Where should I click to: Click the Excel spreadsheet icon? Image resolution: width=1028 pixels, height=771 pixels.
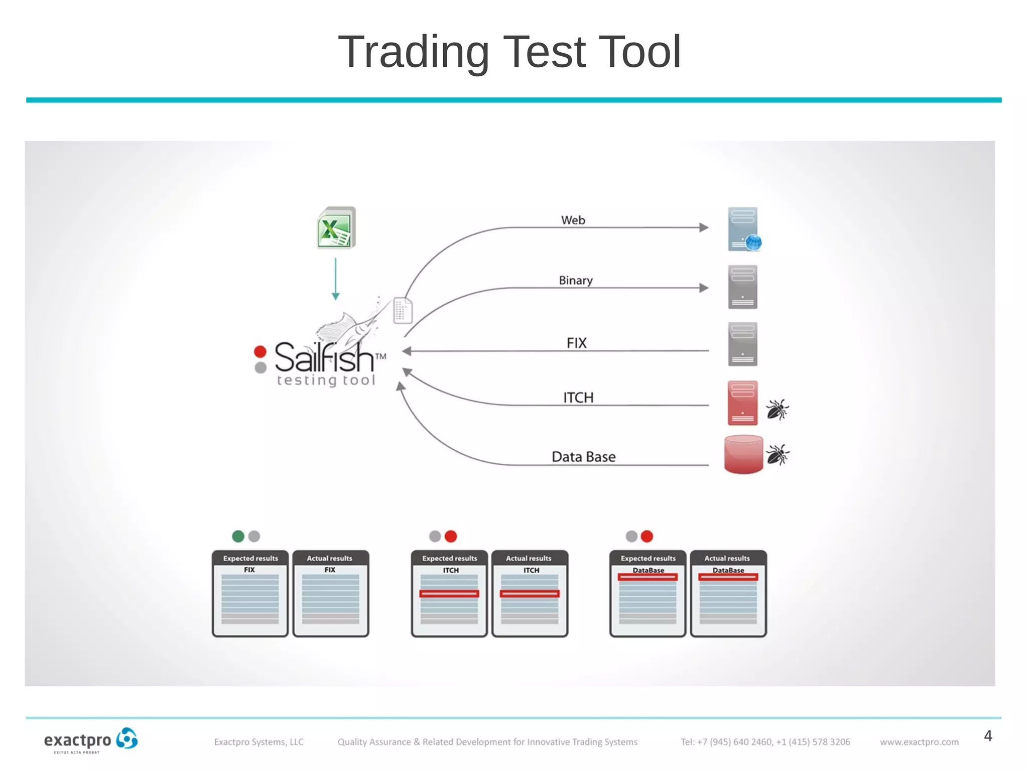[x=336, y=228]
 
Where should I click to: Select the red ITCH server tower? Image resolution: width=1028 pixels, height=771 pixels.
[x=742, y=403]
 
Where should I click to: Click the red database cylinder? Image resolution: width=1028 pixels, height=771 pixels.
[x=743, y=454]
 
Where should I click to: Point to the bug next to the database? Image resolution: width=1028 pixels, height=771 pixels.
[x=778, y=455]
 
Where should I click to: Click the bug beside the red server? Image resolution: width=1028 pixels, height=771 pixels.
[x=777, y=410]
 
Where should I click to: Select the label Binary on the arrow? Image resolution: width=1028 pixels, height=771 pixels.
[x=576, y=280]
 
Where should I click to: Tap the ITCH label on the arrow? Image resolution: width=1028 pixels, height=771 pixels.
[x=578, y=398]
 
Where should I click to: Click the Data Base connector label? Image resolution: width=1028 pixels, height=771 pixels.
[x=583, y=457]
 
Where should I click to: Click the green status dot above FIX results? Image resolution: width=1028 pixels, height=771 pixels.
[x=238, y=536]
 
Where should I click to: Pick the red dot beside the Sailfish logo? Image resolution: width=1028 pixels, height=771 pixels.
[x=260, y=351]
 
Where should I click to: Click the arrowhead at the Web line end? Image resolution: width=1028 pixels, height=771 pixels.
[x=704, y=227]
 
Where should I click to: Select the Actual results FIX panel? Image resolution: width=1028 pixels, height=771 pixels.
[x=330, y=594]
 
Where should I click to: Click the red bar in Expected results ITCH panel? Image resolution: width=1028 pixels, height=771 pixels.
[x=449, y=594]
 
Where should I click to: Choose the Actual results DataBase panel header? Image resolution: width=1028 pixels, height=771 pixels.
[x=728, y=558]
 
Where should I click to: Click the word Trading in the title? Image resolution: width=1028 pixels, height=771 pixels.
[x=414, y=52]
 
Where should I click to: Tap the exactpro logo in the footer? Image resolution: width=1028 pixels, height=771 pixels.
[x=91, y=740]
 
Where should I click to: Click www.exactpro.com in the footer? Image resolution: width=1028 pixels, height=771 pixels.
[x=919, y=742]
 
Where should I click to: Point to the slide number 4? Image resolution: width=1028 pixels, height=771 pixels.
[x=988, y=736]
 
